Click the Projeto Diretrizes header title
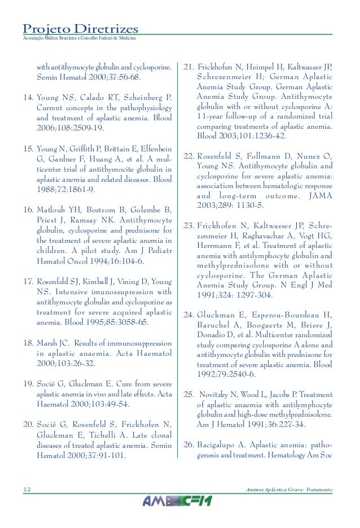pyautogui.click(x=80, y=28)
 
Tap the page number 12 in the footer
pyautogui.click(x=27, y=489)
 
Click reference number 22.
pyautogui.click(x=188, y=156)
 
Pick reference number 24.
pyautogui.click(x=189, y=299)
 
